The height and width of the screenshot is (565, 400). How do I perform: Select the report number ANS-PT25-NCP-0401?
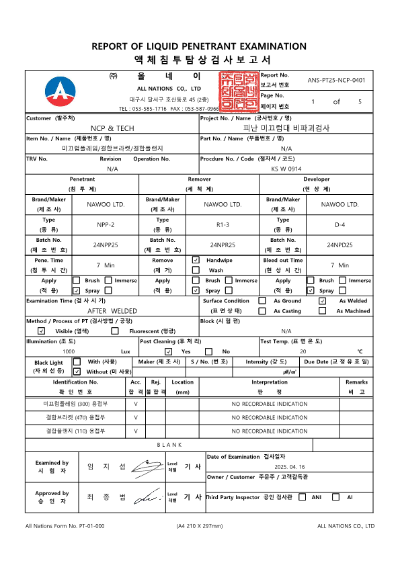tap(336, 80)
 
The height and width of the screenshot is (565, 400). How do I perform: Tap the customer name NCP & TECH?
tap(112, 128)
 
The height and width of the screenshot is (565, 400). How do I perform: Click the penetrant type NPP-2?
tap(106, 224)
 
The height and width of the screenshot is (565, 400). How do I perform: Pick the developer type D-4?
tap(340, 224)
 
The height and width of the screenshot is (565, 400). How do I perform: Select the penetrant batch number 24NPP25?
tap(106, 245)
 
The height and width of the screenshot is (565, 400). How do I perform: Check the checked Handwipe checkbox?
tap(196, 259)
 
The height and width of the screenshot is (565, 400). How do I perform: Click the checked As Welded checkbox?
tap(322, 301)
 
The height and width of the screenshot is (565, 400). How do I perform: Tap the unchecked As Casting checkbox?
tap(262, 311)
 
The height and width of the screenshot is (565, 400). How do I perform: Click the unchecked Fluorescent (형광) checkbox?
tap(115, 331)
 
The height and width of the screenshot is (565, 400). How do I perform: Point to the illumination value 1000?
tap(69, 351)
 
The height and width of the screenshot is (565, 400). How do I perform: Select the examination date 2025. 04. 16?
tap(290, 466)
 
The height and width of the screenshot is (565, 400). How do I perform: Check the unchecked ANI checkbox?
tap(302, 497)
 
